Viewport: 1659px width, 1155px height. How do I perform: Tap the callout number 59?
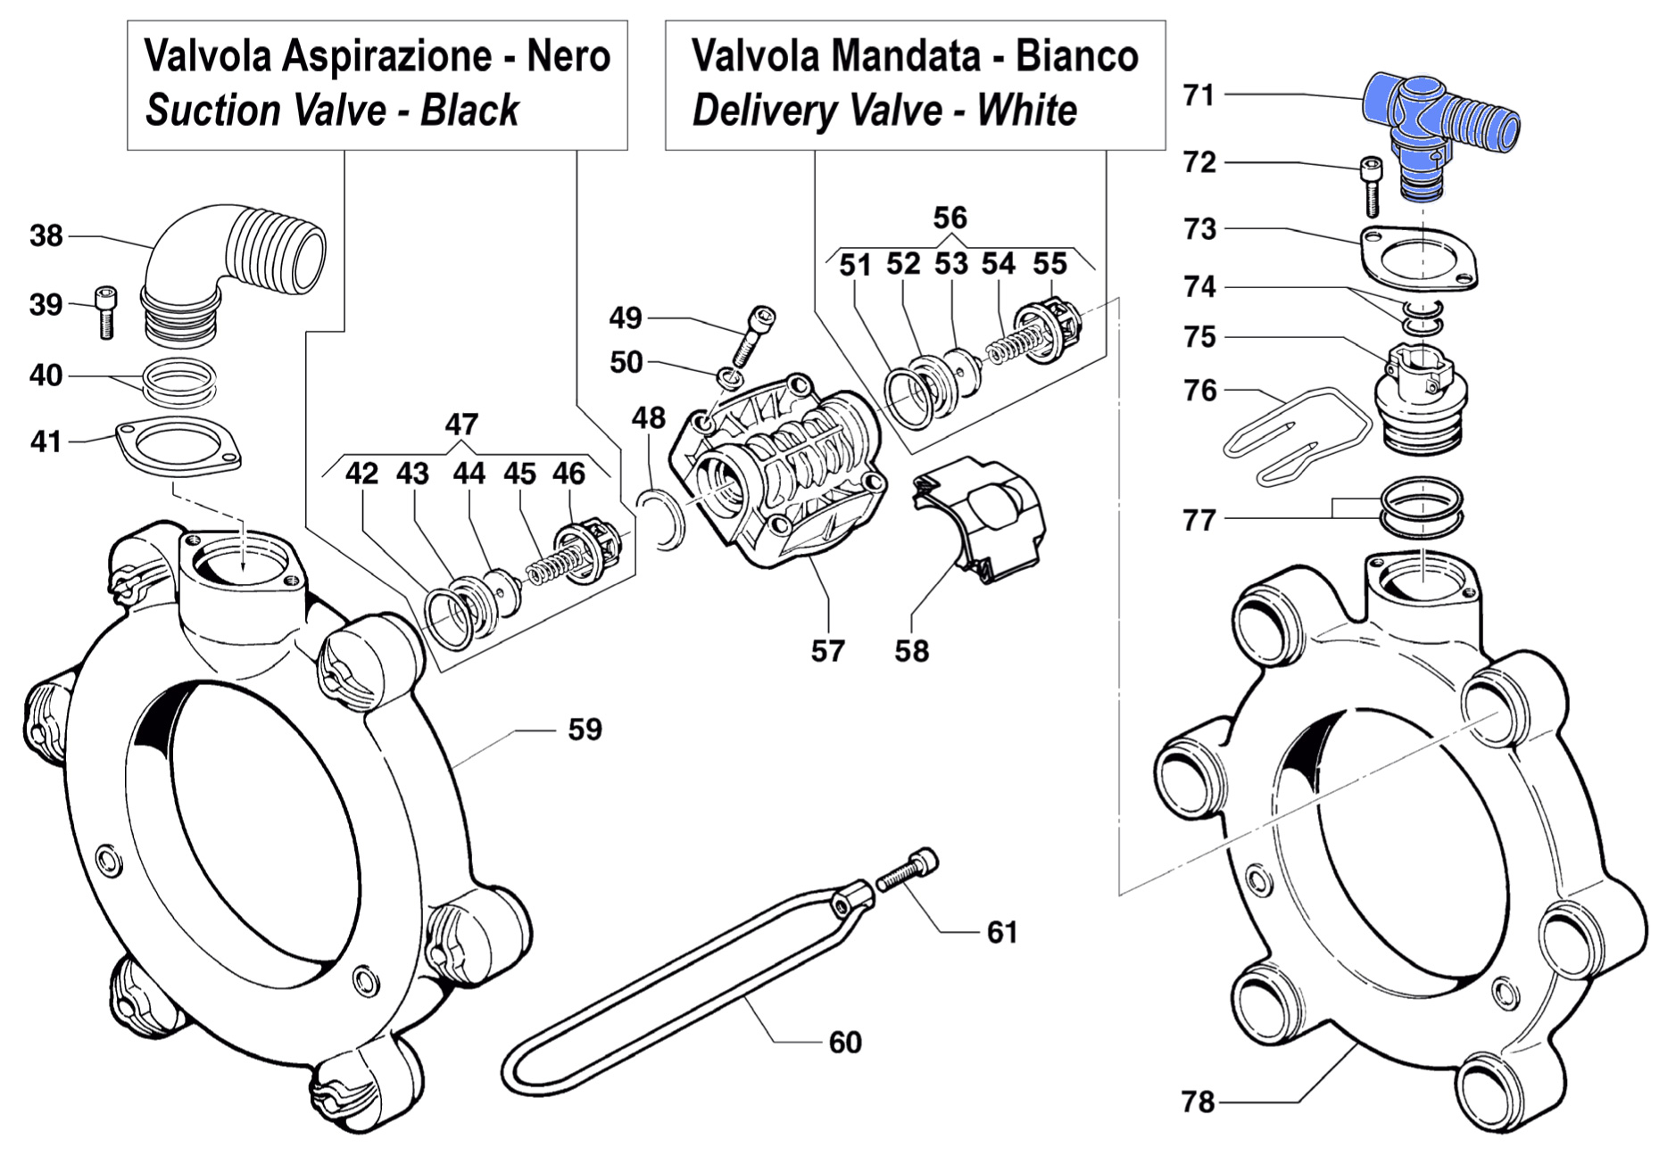[585, 730]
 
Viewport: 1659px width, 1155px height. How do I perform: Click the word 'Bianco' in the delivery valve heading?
[1076, 56]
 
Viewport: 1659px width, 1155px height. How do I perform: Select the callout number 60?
[844, 1042]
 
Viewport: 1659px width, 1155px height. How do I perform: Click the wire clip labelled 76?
[1294, 435]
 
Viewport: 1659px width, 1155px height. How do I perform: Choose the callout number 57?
[827, 651]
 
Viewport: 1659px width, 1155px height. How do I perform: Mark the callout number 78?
[1198, 1102]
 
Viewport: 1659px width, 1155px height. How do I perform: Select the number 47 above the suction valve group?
[461, 424]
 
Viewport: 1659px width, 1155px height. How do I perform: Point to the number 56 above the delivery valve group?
[950, 218]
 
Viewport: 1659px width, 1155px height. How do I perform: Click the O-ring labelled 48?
[661, 519]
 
